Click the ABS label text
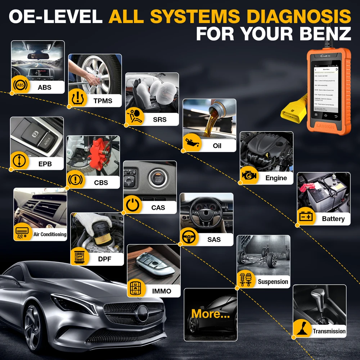[44, 87]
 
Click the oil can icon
[192, 143]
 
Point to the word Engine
[276, 178]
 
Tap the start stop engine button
[158, 178]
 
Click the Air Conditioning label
[50, 234]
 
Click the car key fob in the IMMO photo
[153, 260]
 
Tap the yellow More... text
[210, 314]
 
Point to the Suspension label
[273, 282]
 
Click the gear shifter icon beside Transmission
[302, 329]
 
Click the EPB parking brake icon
[19, 161]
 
